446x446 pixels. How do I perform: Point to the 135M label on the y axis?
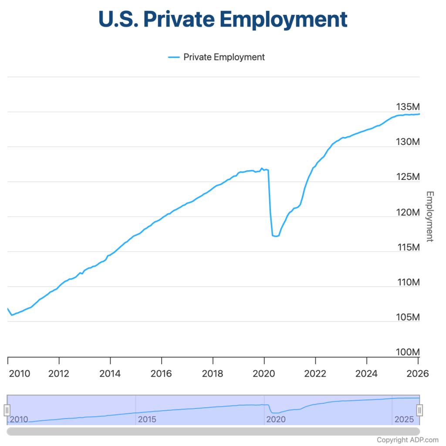[408, 107]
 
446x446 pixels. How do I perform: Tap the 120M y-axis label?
[408, 212]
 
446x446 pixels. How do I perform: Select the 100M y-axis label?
[408, 352]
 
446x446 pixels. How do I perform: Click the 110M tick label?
[408, 282]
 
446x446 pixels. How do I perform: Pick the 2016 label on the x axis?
[161, 374]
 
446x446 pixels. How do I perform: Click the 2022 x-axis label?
[315, 374]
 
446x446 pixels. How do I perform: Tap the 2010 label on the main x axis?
[19, 374]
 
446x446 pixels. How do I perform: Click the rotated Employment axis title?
[429, 216]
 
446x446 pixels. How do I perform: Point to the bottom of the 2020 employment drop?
[275, 236]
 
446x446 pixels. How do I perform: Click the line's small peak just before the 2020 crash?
[262, 168]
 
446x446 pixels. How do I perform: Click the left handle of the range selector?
[7, 410]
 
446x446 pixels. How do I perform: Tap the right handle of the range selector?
[419, 410]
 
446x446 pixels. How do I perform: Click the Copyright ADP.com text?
[408, 439]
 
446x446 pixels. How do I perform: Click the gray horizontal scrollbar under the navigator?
[213, 431]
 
